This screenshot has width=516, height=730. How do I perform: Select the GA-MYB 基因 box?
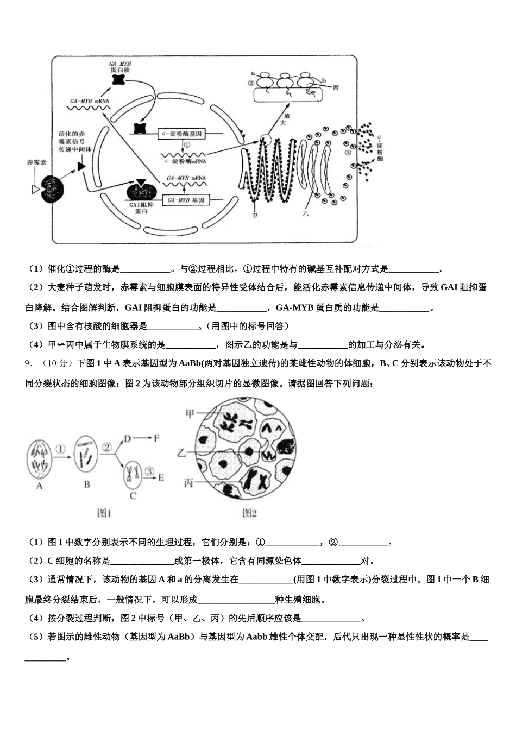(186, 200)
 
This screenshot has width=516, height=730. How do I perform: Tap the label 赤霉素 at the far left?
(37, 162)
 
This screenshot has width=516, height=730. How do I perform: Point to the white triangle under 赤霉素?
(36, 189)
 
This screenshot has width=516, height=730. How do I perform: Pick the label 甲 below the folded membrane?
(255, 215)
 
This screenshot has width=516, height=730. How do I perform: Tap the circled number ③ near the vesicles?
(348, 152)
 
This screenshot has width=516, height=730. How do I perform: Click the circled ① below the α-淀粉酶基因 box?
(186, 145)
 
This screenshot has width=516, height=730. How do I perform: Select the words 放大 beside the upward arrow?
(283, 119)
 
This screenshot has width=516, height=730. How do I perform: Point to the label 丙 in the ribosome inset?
(336, 87)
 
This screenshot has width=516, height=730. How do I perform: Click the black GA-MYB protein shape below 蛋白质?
(119, 79)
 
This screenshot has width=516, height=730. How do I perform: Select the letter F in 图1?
(156, 438)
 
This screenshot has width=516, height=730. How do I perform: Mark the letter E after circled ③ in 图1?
(161, 477)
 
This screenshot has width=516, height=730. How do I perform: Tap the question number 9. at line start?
(29, 363)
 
